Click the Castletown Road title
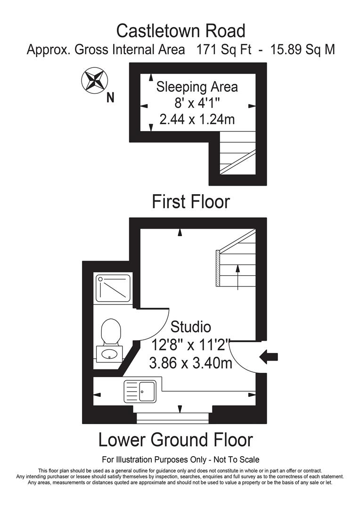[x=180, y=31]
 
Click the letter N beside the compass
[x=111, y=98]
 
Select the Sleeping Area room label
[x=197, y=87]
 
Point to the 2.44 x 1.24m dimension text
[x=197, y=119]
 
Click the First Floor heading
[x=190, y=202]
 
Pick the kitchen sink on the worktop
[x=139, y=391]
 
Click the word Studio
[x=190, y=326]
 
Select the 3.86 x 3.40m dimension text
[x=190, y=363]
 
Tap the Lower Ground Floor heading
[x=175, y=440]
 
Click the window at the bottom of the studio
[x=172, y=416]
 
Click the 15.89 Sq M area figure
[x=303, y=49]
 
